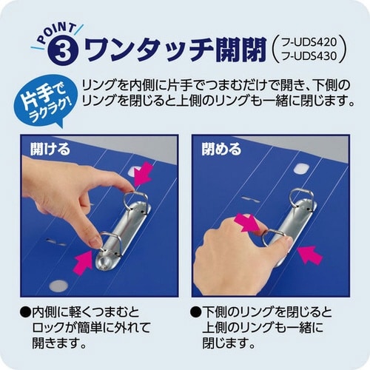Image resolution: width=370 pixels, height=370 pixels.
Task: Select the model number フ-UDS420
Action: [x=312, y=41]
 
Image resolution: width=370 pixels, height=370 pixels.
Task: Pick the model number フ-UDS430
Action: [x=312, y=58]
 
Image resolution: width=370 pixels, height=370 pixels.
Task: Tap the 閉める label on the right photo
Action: [x=221, y=149]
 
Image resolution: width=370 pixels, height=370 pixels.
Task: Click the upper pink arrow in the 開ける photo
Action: [x=143, y=175]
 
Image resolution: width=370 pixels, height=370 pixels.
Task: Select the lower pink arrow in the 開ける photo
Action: [x=84, y=261]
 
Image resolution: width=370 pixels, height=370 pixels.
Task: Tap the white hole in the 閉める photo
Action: [x=300, y=169]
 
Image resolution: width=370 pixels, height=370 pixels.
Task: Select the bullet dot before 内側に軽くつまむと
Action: [x=26, y=310]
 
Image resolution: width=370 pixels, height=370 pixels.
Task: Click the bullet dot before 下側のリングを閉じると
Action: [x=195, y=310]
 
